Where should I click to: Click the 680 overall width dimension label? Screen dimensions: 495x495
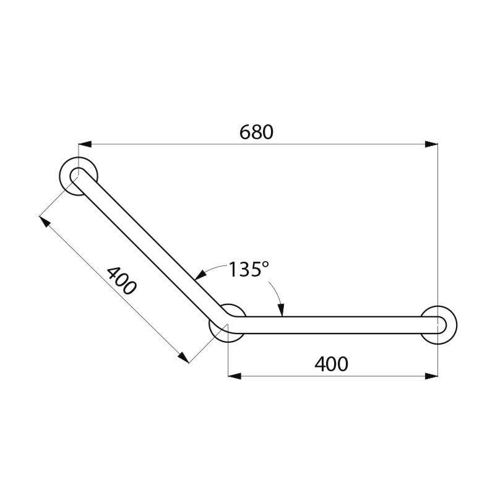coord(256,132)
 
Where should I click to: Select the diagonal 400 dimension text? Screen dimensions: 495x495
coord(120,280)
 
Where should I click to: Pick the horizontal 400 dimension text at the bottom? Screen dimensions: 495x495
coord(331,364)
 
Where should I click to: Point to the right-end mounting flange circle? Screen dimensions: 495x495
coord(440,324)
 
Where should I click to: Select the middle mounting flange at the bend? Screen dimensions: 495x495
coord(228,323)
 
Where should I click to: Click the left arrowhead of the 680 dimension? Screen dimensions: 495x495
coord(84,145)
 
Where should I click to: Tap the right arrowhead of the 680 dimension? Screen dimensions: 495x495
coord(432,145)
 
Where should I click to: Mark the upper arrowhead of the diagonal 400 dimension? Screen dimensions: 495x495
coord(44,220)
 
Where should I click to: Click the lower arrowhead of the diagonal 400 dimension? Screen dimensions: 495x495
coord(183,358)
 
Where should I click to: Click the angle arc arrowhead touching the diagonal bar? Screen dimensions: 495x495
coord(199,276)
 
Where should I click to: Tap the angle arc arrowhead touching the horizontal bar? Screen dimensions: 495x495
coord(281,312)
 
